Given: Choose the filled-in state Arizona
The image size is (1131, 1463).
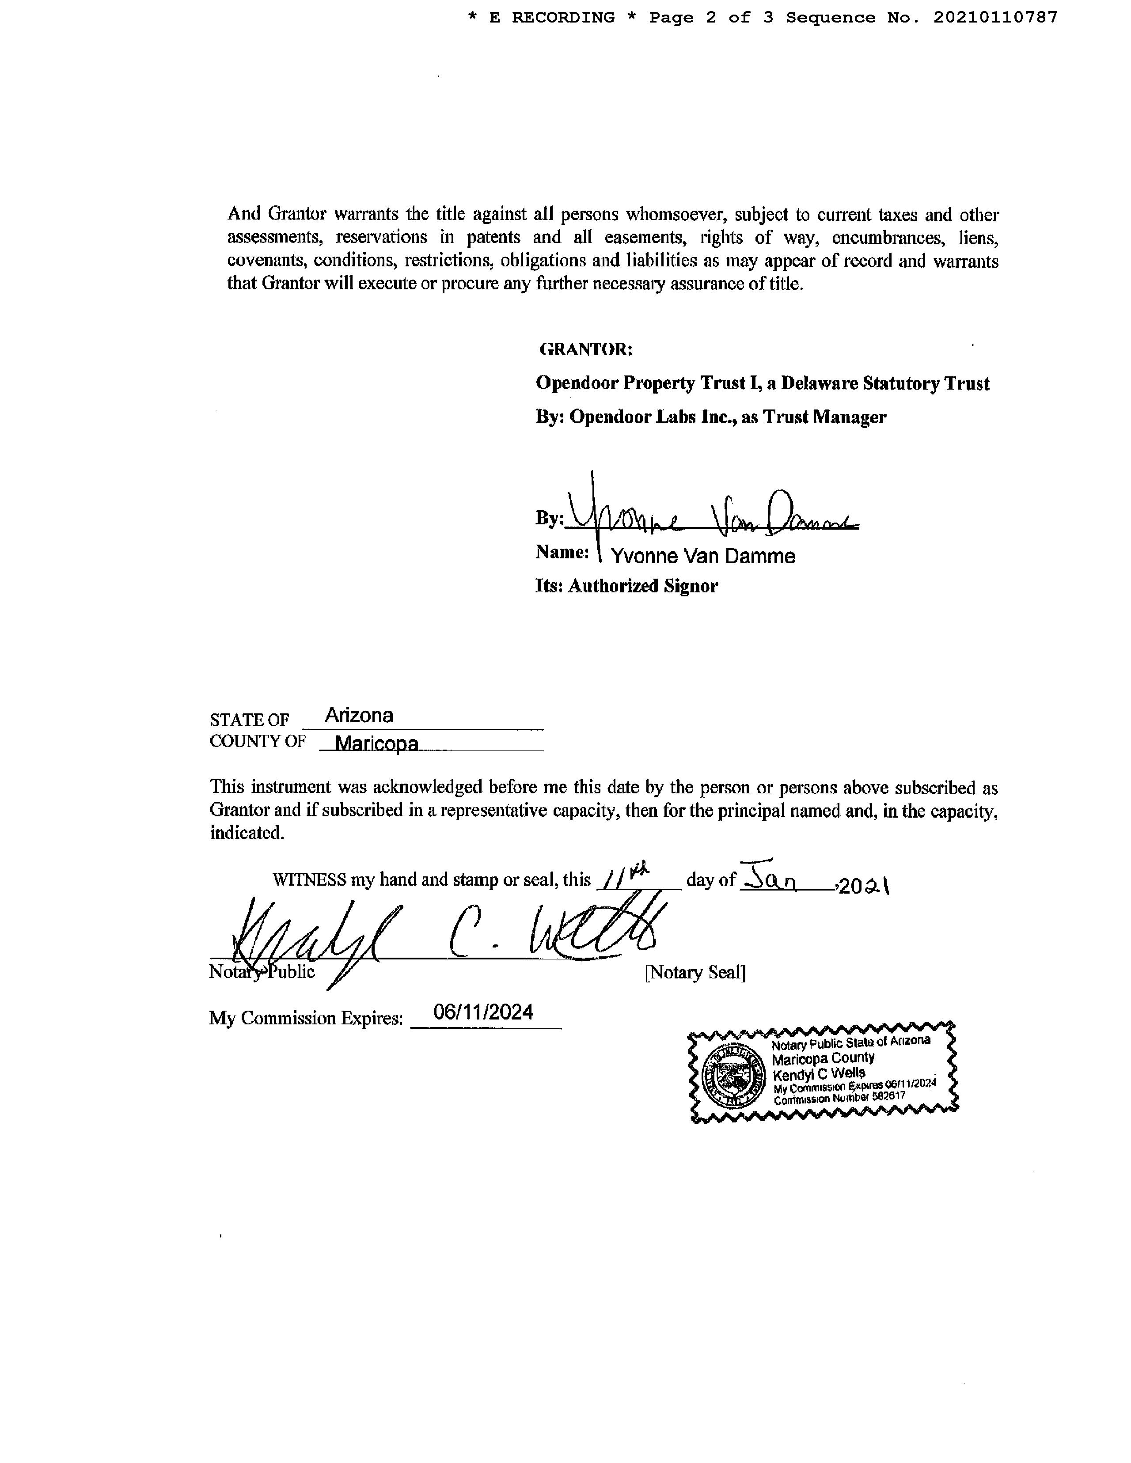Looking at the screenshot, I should coord(359,716).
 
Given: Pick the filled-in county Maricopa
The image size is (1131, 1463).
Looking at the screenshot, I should coord(376,743).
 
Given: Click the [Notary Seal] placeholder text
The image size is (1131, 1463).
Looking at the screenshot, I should coord(695,972).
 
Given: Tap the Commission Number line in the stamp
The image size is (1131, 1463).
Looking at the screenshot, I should coord(839,1098).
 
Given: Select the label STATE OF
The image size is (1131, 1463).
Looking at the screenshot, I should coord(249,720).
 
